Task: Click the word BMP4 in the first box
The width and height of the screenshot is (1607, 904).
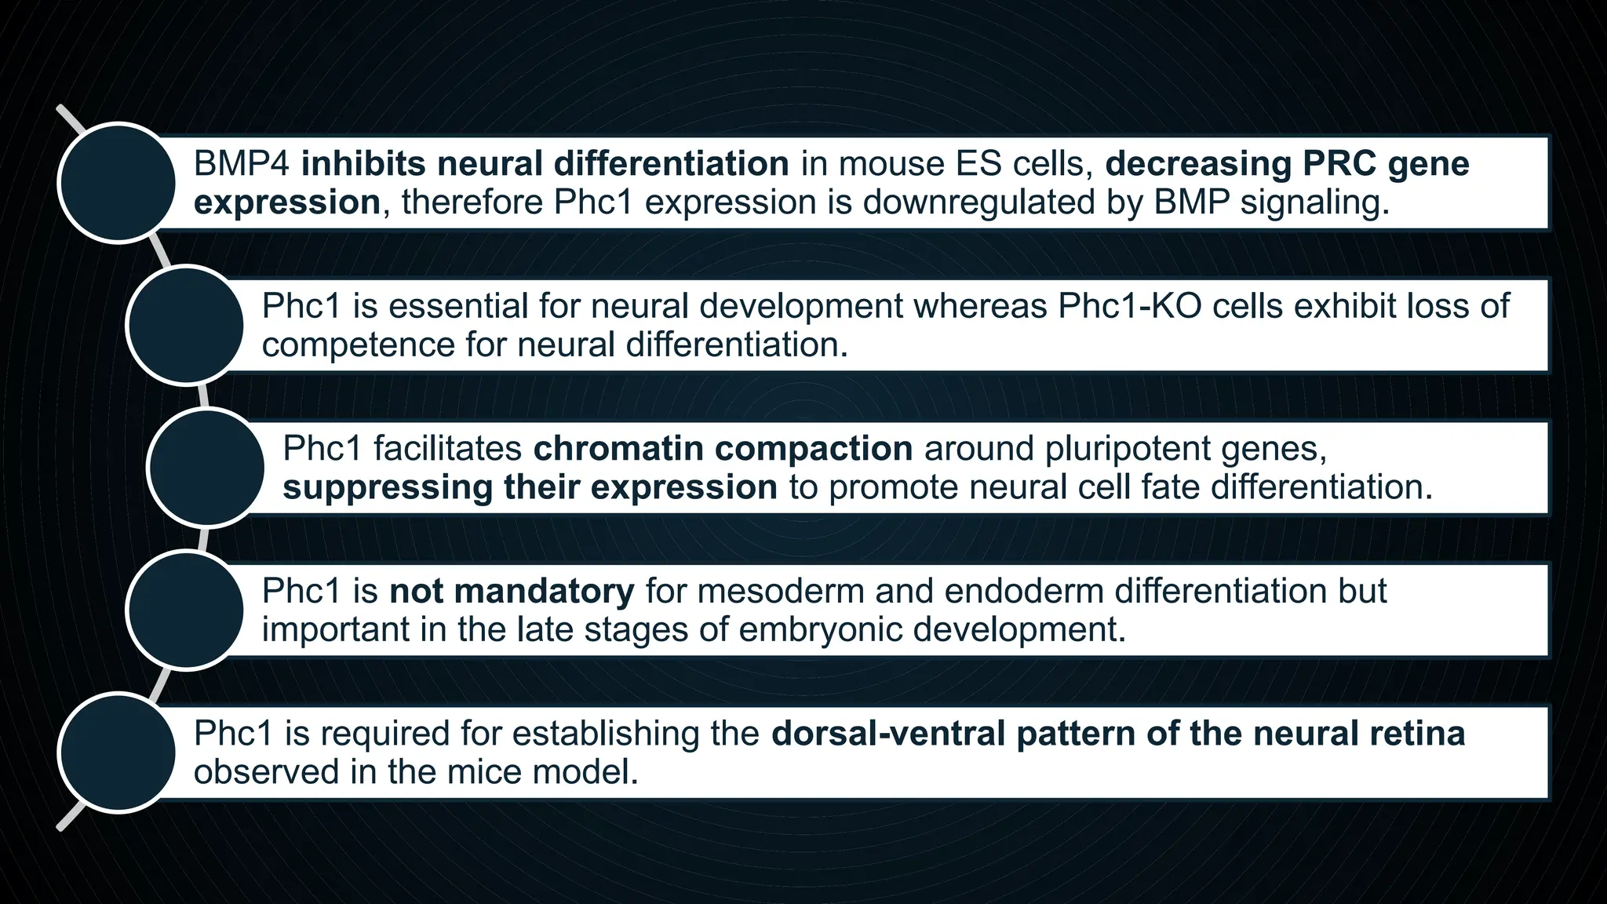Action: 242,164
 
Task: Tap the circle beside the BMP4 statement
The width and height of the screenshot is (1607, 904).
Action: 118,182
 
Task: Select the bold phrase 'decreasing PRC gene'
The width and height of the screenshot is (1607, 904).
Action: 1287,164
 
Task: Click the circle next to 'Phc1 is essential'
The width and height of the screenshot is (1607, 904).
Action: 186,325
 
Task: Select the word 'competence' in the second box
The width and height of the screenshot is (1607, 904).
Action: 358,345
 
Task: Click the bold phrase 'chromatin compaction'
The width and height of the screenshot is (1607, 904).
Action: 723,449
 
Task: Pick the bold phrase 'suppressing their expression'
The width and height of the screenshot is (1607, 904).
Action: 530,487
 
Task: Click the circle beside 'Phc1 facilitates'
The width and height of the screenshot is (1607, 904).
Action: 206,467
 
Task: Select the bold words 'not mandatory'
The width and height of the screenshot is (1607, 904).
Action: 512,591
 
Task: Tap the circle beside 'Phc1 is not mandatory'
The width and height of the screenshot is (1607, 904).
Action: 186,610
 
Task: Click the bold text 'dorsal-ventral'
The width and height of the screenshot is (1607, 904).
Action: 888,734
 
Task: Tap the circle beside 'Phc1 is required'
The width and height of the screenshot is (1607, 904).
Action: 118,752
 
